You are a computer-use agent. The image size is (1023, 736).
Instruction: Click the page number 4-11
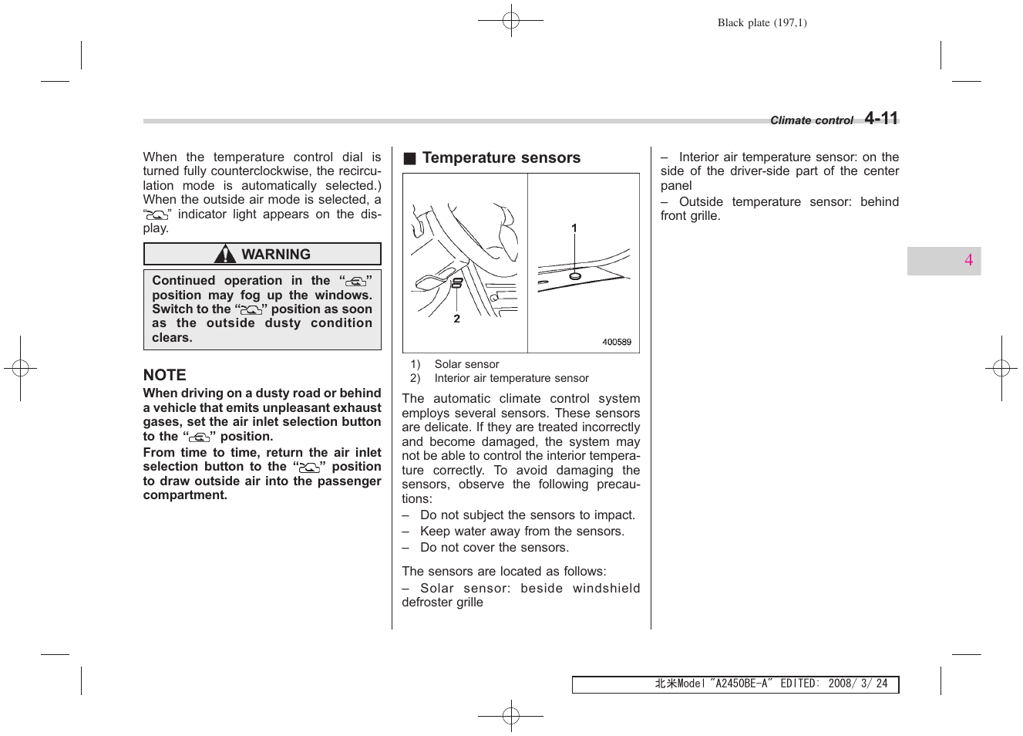tap(881, 118)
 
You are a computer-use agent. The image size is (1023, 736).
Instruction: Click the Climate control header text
tap(811, 120)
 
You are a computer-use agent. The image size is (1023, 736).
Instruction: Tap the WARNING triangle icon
tap(225, 255)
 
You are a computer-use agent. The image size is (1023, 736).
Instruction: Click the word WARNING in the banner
tap(276, 255)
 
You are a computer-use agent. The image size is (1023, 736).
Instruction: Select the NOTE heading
tap(164, 375)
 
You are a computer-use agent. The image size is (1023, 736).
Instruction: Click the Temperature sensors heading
tap(501, 158)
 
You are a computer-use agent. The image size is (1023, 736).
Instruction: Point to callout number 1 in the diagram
tap(574, 228)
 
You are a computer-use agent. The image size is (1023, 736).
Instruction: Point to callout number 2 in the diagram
tap(456, 319)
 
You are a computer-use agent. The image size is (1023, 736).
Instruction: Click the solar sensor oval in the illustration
tap(574, 275)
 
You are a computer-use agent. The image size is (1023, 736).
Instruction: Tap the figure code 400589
tap(616, 343)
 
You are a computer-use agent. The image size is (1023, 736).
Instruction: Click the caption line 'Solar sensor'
tap(466, 364)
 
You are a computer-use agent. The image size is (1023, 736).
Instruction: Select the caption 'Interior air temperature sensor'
tap(511, 378)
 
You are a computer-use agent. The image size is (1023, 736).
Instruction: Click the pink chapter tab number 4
tap(968, 261)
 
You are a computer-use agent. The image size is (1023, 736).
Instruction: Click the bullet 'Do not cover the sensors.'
tap(494, 548)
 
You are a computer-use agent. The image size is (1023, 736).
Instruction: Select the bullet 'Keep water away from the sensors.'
tap(522, 532)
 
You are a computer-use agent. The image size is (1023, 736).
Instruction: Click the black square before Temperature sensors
tap(410, 159)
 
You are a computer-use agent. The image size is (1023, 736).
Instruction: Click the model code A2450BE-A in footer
tap(741, 684)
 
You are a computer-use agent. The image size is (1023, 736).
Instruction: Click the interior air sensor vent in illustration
tap(456, 283)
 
